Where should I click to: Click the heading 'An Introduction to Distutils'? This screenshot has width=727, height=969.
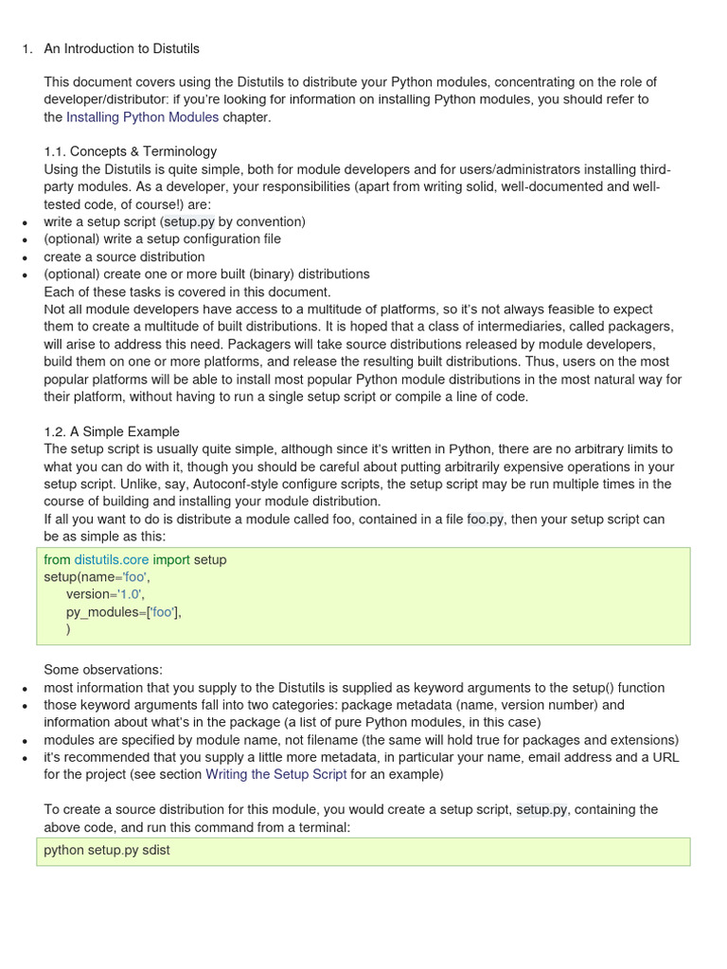click(x=121, y=48)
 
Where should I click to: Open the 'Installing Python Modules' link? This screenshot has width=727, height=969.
click(x=142, y=117)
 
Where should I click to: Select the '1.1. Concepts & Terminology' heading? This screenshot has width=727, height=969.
click(x=130, y=151)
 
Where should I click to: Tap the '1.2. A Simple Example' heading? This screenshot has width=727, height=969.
click(x=112, y=432)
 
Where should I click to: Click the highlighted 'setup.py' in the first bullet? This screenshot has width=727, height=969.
click(x=188, y=221)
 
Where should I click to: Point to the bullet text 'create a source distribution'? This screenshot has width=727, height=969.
click(x=124, y=256)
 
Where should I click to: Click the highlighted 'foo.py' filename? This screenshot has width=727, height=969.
click(x=486, y=520)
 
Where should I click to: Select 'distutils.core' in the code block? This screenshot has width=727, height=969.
click(x=112, y=559)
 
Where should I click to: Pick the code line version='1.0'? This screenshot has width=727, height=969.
click(x=105, y=594)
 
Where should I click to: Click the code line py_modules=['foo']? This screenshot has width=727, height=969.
click(x=123, y=612)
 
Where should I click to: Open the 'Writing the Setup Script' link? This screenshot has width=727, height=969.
click(x=276, y=774)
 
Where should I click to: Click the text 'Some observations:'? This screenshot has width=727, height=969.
click(x=103, y=670)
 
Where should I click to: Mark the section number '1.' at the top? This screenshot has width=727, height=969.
click(x=27, y=48)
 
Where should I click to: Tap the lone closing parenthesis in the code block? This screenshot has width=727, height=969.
click(x=68, y=629)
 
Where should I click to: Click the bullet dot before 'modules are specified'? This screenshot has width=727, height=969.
click(x=24, y=741)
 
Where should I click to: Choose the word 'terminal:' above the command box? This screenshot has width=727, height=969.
click(x=321, y=827)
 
